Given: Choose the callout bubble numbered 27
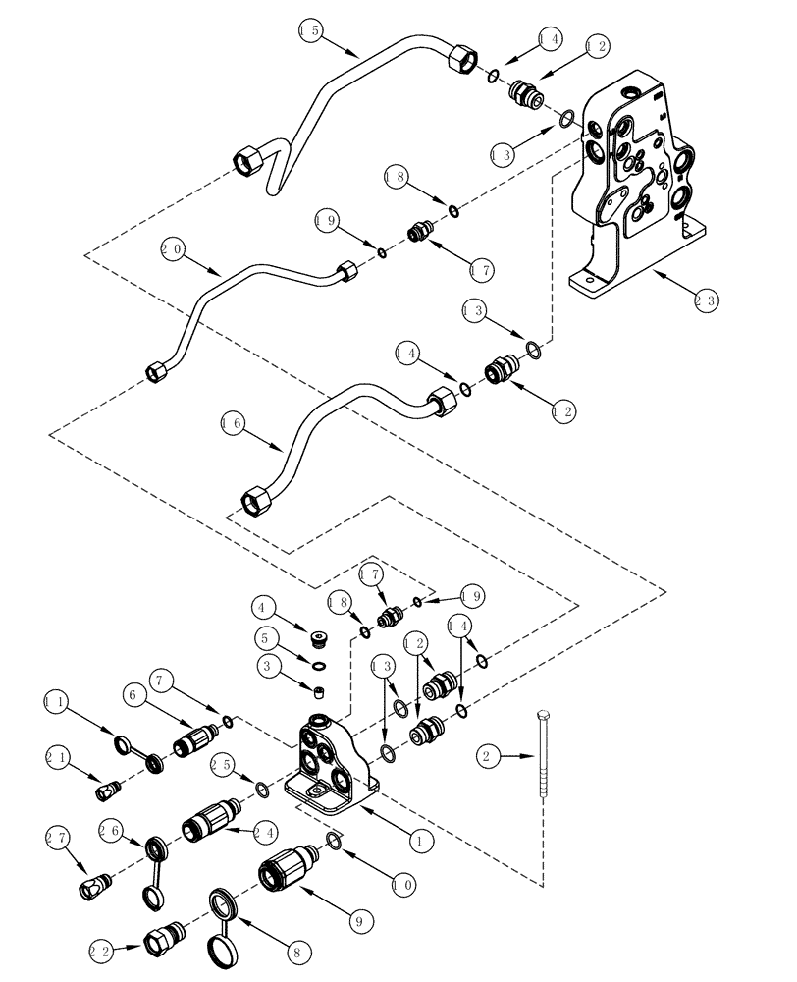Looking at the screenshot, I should coord(57,837).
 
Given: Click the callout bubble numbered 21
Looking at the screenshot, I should coord(58,757).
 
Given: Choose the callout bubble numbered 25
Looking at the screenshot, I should coord(223,763).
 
